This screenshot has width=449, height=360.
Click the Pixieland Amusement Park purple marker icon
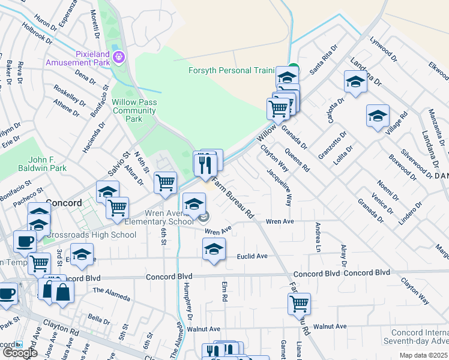(x=119, y=57)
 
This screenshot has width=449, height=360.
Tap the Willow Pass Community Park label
(x=134, y=110)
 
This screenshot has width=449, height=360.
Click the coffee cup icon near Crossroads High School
(x=25, y=241)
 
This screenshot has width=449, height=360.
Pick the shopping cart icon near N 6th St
(x=165, y=182)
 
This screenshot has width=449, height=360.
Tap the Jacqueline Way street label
(x=280, y=187)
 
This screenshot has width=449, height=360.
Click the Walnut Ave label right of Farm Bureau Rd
(x=330, y=326)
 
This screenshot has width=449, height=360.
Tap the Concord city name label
(x=63, y=203)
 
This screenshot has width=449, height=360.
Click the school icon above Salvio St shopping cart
(x=107, y=192)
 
